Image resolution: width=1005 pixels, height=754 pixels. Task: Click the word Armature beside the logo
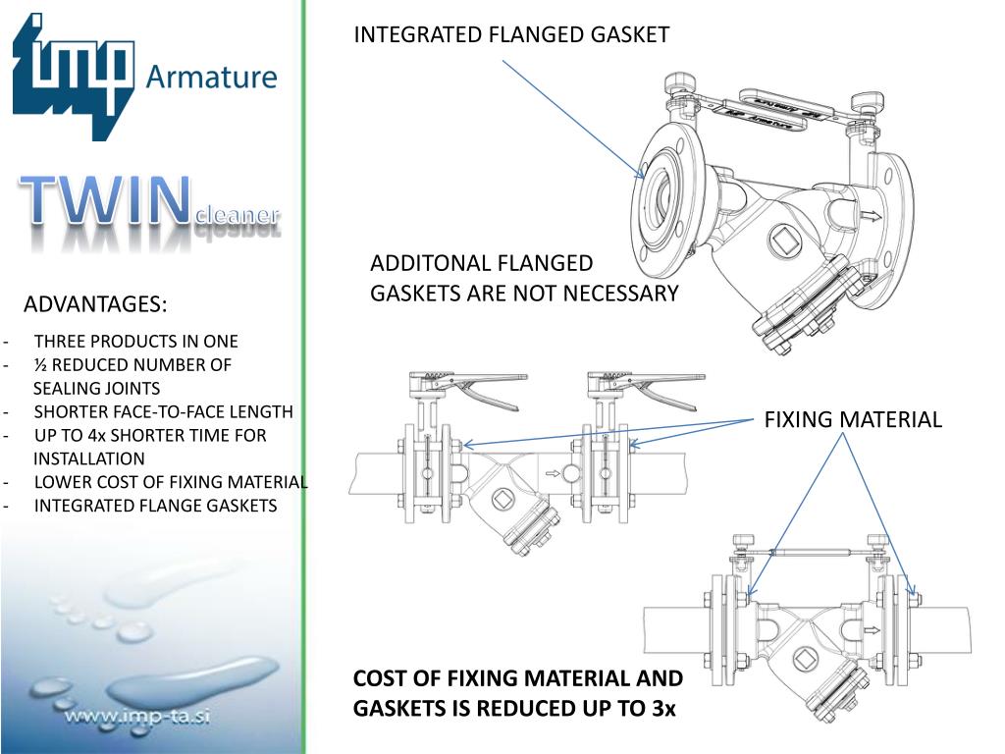click(x=211, y=76)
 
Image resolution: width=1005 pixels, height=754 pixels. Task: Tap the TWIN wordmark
click(x=108, y=200)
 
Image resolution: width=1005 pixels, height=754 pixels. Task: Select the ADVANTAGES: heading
click(x=95, y=304)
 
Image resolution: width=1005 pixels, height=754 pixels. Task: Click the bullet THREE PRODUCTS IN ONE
click(x=135, y=342)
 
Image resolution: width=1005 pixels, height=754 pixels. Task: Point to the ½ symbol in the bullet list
click(x=41, y=365)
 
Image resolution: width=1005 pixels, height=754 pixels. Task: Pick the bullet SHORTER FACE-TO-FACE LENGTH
click(x=163, y=412)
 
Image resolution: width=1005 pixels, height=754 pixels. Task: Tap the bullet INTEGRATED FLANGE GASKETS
click(x=155, y=506)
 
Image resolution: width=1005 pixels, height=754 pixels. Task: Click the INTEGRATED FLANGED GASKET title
click(x=511, y=35)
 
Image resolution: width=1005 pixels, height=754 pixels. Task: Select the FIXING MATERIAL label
click(x=853, y=420)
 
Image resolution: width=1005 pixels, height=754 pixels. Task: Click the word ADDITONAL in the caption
click(x=431, y=263)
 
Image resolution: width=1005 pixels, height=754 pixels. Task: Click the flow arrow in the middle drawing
click(x=554, y=473)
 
